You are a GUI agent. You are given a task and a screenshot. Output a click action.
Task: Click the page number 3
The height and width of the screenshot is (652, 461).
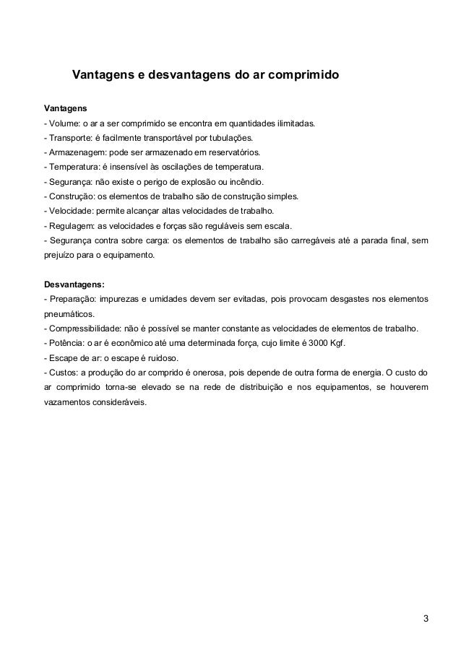pyautogui.click(x=426, y=618)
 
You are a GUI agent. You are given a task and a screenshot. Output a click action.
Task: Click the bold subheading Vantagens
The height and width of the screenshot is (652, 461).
pyautogui.click(x=65, y=108)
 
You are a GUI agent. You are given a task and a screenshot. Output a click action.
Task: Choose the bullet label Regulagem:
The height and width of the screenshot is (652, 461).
pyautogui.click(x=73, y=225)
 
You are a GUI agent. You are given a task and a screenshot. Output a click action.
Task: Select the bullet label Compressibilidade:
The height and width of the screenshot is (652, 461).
pyautogui.click(x=89, y=329)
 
